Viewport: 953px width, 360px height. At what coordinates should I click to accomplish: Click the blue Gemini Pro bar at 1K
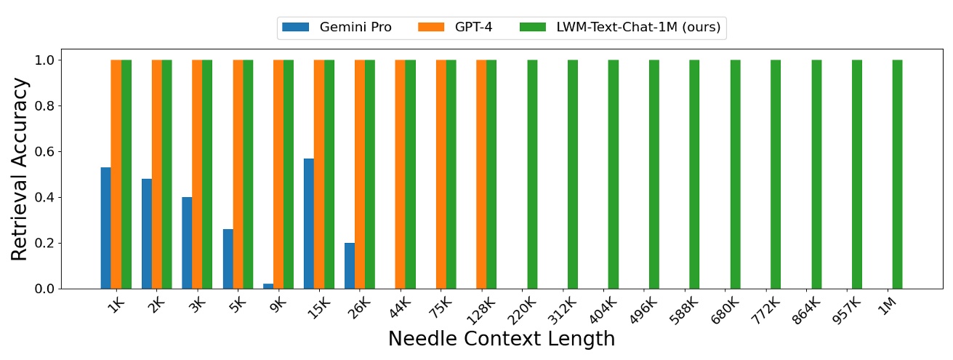tap(106, 228)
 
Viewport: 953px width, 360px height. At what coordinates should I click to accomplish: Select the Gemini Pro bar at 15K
tap(309, 223)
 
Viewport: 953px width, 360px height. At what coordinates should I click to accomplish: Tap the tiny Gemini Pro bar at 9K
tap(268, 287)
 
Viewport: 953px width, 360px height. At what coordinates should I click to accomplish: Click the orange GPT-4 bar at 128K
tap(481, 174)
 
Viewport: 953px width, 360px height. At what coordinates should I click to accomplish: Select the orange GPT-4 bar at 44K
tap(400, 174)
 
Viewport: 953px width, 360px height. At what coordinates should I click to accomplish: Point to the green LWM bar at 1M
tap(897, 174)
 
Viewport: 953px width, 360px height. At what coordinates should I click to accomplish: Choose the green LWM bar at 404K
tap(613, 174)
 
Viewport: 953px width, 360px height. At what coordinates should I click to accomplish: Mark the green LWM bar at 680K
tap(735, 174)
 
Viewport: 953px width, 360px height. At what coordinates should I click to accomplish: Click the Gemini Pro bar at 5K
tap(228, 259)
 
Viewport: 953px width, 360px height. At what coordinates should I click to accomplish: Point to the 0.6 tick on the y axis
tap(44, 152)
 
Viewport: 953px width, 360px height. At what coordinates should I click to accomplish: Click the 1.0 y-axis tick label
tap(44, 60)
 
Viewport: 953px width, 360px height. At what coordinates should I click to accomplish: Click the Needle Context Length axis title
tap(501, 339)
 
